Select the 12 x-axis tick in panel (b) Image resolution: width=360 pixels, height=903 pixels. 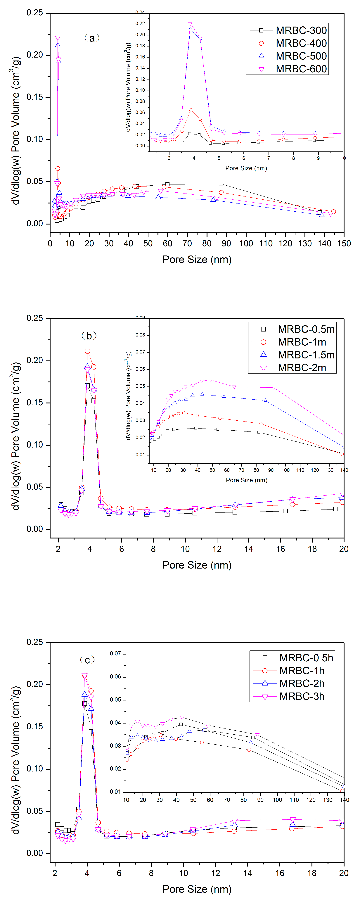click(217, 549)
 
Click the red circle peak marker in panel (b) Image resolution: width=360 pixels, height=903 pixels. click(87, 351)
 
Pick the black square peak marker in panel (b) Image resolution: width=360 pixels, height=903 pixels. click(87, 386)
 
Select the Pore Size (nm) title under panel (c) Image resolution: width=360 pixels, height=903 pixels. click(197, 889)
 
